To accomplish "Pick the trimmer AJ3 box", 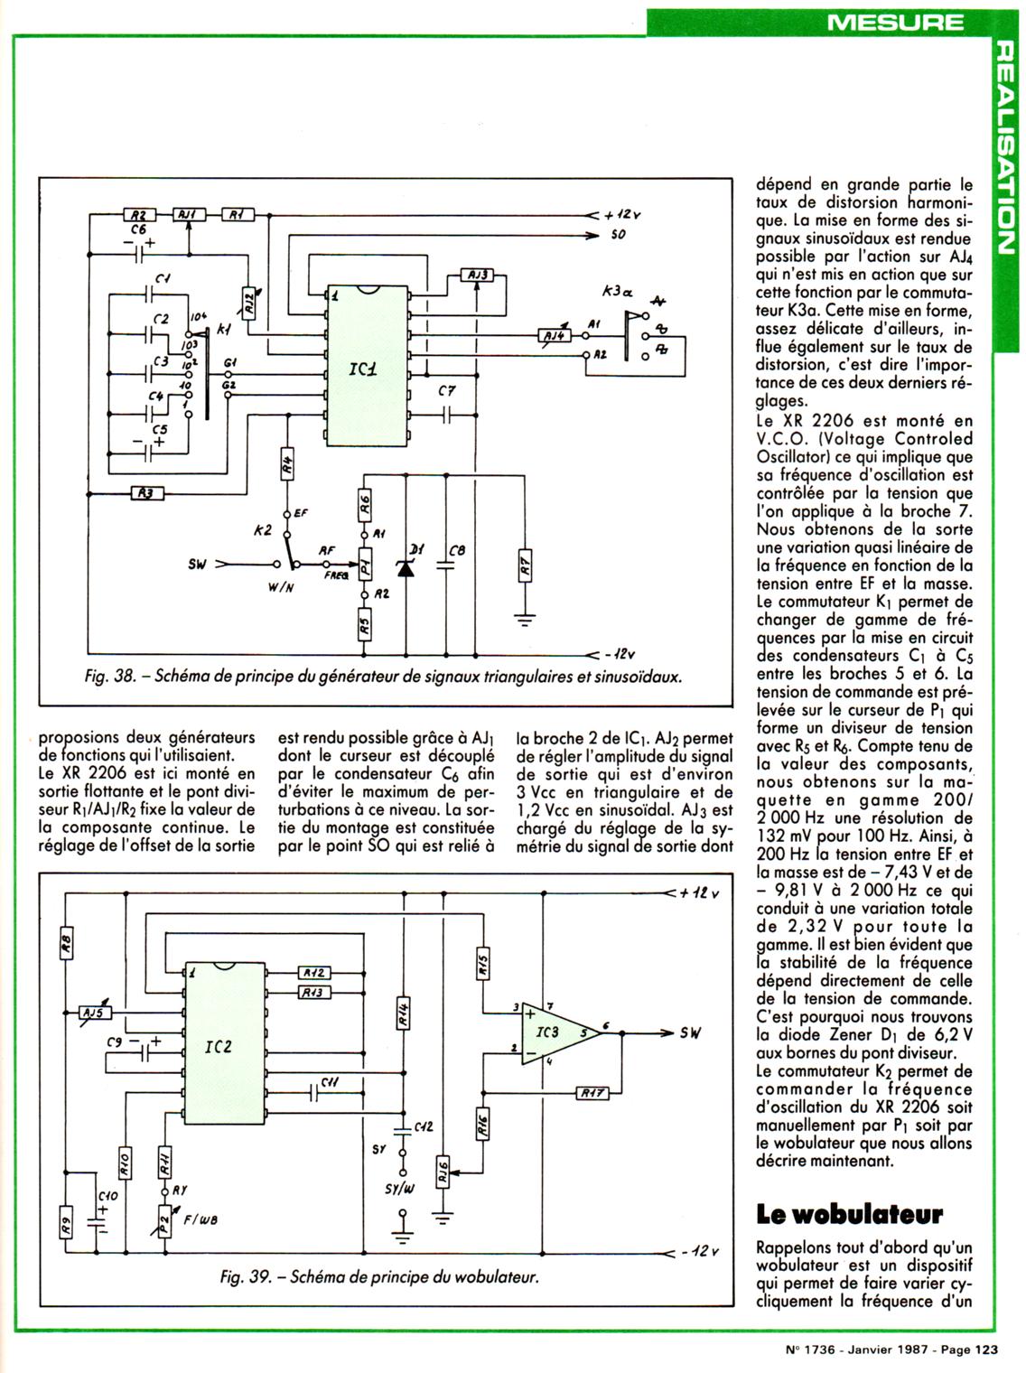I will (477, 274).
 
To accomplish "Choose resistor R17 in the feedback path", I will (592, 1093).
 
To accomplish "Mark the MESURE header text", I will (895, 22).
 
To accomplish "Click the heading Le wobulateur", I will (849, 1213).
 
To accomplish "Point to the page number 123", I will (984, 1350).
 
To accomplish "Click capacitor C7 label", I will (446, 391).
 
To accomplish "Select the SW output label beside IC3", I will (691, 1032).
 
